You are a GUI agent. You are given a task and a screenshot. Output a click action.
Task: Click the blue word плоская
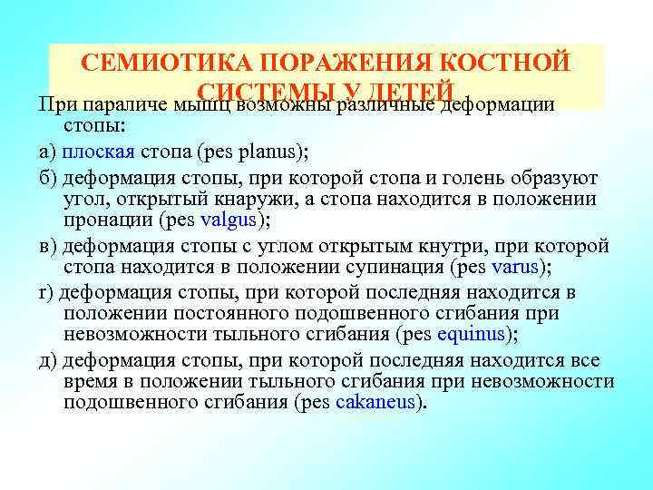[x=99, y=151]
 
